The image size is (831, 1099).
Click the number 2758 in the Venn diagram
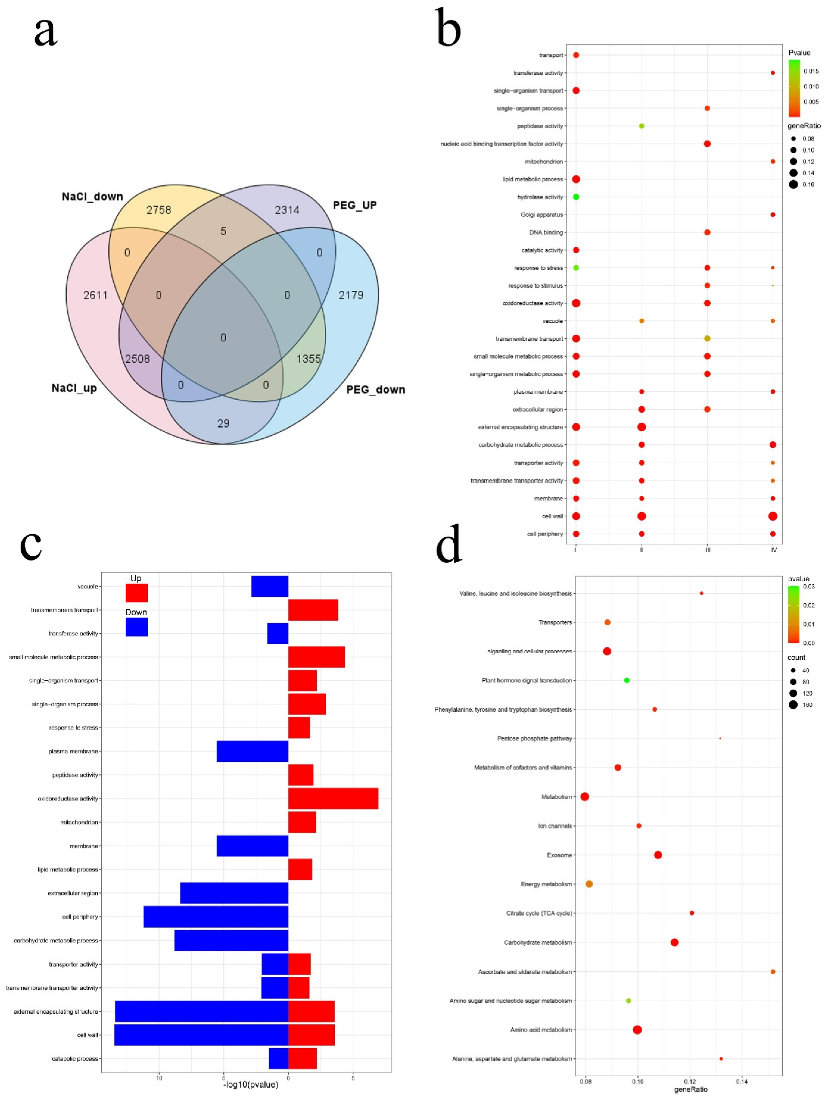click(x=159, y=210)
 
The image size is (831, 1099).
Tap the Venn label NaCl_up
click(x=74, y=388)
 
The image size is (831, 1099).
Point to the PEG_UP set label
click(x=354, y=205)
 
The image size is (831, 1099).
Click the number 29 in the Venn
click(x=223, y=423)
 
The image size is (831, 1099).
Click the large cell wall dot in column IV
click(x=772, y=516)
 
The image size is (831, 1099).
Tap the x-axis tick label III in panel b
click(x=708, y=550)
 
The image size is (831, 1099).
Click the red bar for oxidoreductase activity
click(x=333, y=798)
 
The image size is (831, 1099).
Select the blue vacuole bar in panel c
click(x=270, y=586)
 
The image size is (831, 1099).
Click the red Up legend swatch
click(x=137, y=593)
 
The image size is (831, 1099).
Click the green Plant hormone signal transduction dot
click(x=627, y=680)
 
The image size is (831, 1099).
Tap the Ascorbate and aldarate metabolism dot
click(x=773, y=971)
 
